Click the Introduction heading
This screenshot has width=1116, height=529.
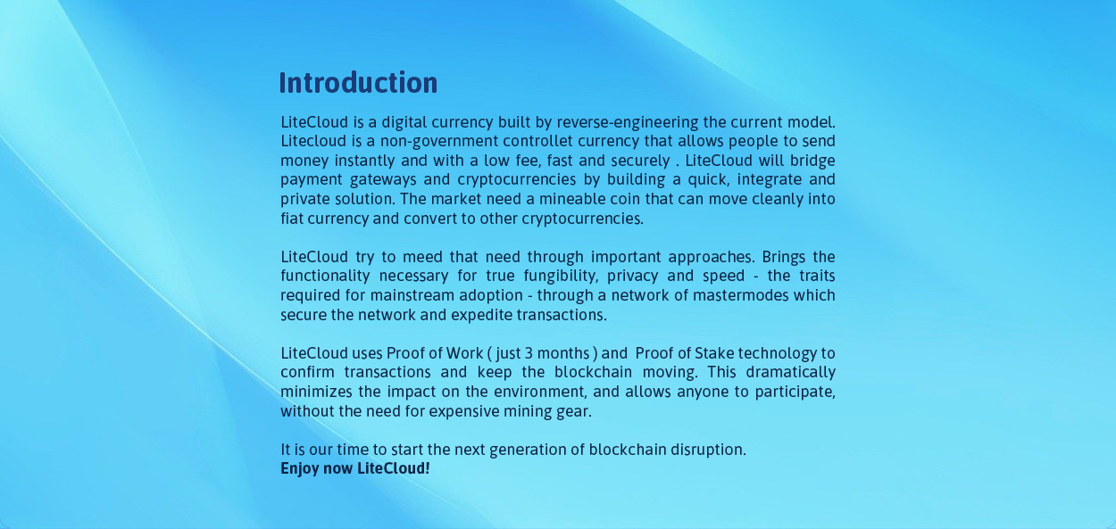coord(358,83)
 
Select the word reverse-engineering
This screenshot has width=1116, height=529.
coord(628,122)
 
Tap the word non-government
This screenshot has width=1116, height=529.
coord(439,142)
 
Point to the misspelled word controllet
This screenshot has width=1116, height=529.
coord(537,141)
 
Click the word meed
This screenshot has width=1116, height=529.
coord(422,257)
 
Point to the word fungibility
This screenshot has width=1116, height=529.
coord(561,277)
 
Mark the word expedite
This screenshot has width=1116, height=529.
coord(482,315)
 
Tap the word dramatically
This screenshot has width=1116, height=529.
coord(790,373)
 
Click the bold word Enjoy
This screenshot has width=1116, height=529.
coord(299,468)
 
